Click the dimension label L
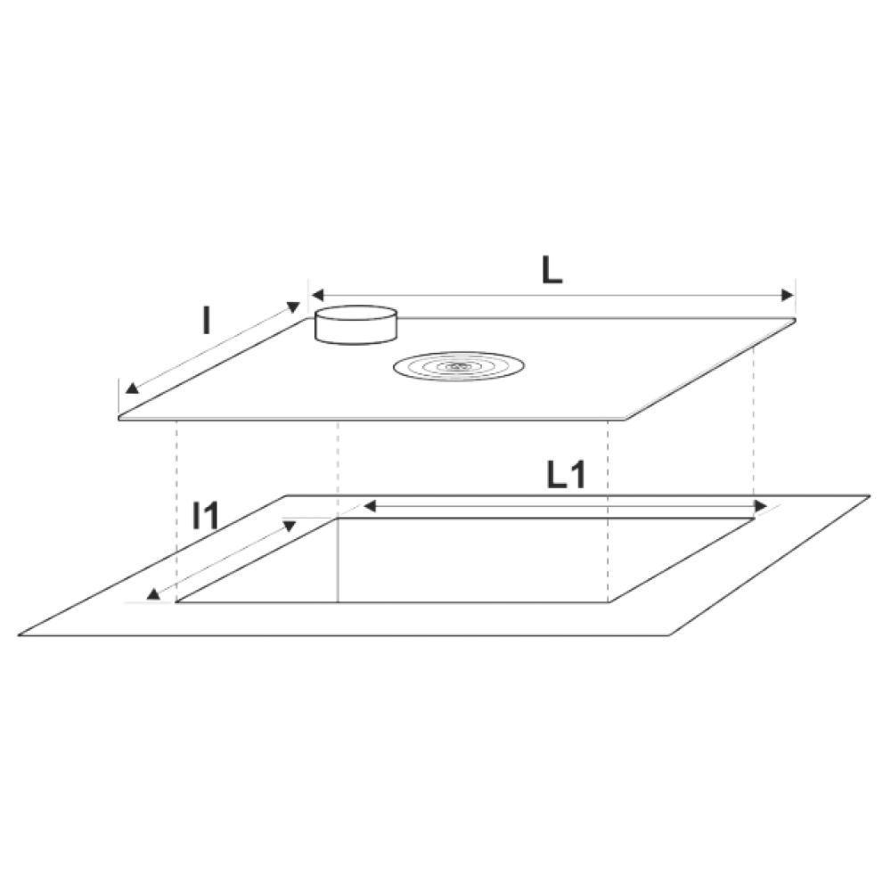[x=552, y=271]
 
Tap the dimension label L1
[x=566, y=475]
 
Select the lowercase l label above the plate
[x=207, y=321]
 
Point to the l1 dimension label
[x=205, y=515]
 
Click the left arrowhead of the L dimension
[x=317, y=295]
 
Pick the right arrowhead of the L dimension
[x=788, y=295]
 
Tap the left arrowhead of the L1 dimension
[x=370, y=506]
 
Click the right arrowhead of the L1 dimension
[x=760, y=506]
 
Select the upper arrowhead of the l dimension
[x=293, y=307]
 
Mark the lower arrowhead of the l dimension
[x=132, y=388]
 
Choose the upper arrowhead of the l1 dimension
[x=290, y=526]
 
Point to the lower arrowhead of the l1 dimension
[x=153, y=593]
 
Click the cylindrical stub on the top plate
[x=356, y=325]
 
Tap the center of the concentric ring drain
[x=459, y=366]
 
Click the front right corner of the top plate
[x=625, y=420]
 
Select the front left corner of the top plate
[x=119, y=419]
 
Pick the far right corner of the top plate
[x=795, y=319]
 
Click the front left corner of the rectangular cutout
[x=176, y=602]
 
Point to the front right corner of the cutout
[x=609, y=602]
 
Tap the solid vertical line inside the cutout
[x=338, y=560]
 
